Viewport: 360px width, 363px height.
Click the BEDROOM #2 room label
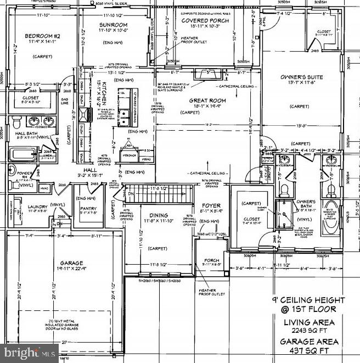pos(37,36)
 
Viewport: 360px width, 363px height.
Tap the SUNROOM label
pos(114,25)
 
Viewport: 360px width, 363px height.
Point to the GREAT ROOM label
pos(208,100)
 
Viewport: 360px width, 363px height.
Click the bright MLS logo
pos(30,351)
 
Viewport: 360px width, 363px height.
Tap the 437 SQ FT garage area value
pos(311,350)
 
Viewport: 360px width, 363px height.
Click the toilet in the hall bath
pos(16,119)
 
